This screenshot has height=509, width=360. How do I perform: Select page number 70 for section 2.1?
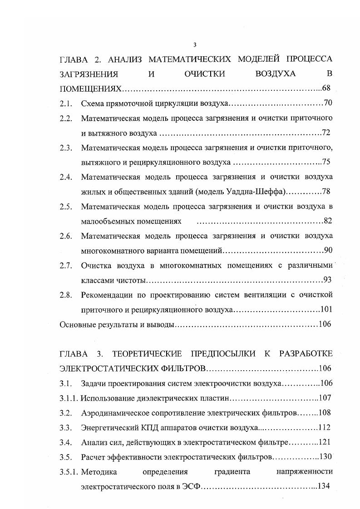(x=328, y=103)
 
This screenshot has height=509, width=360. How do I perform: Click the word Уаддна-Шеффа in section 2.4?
(x=256, y=192)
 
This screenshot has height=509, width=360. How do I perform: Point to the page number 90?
(x=328, y=250)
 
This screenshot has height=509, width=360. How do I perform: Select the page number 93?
(x=328, y=280)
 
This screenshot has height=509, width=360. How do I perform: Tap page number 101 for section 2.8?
(x=326, y=309)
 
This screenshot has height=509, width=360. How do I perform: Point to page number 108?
(x=326, y=412)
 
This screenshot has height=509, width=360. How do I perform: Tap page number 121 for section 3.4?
(x=326, y=442)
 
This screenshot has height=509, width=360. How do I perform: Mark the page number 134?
(x=326, y=486)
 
